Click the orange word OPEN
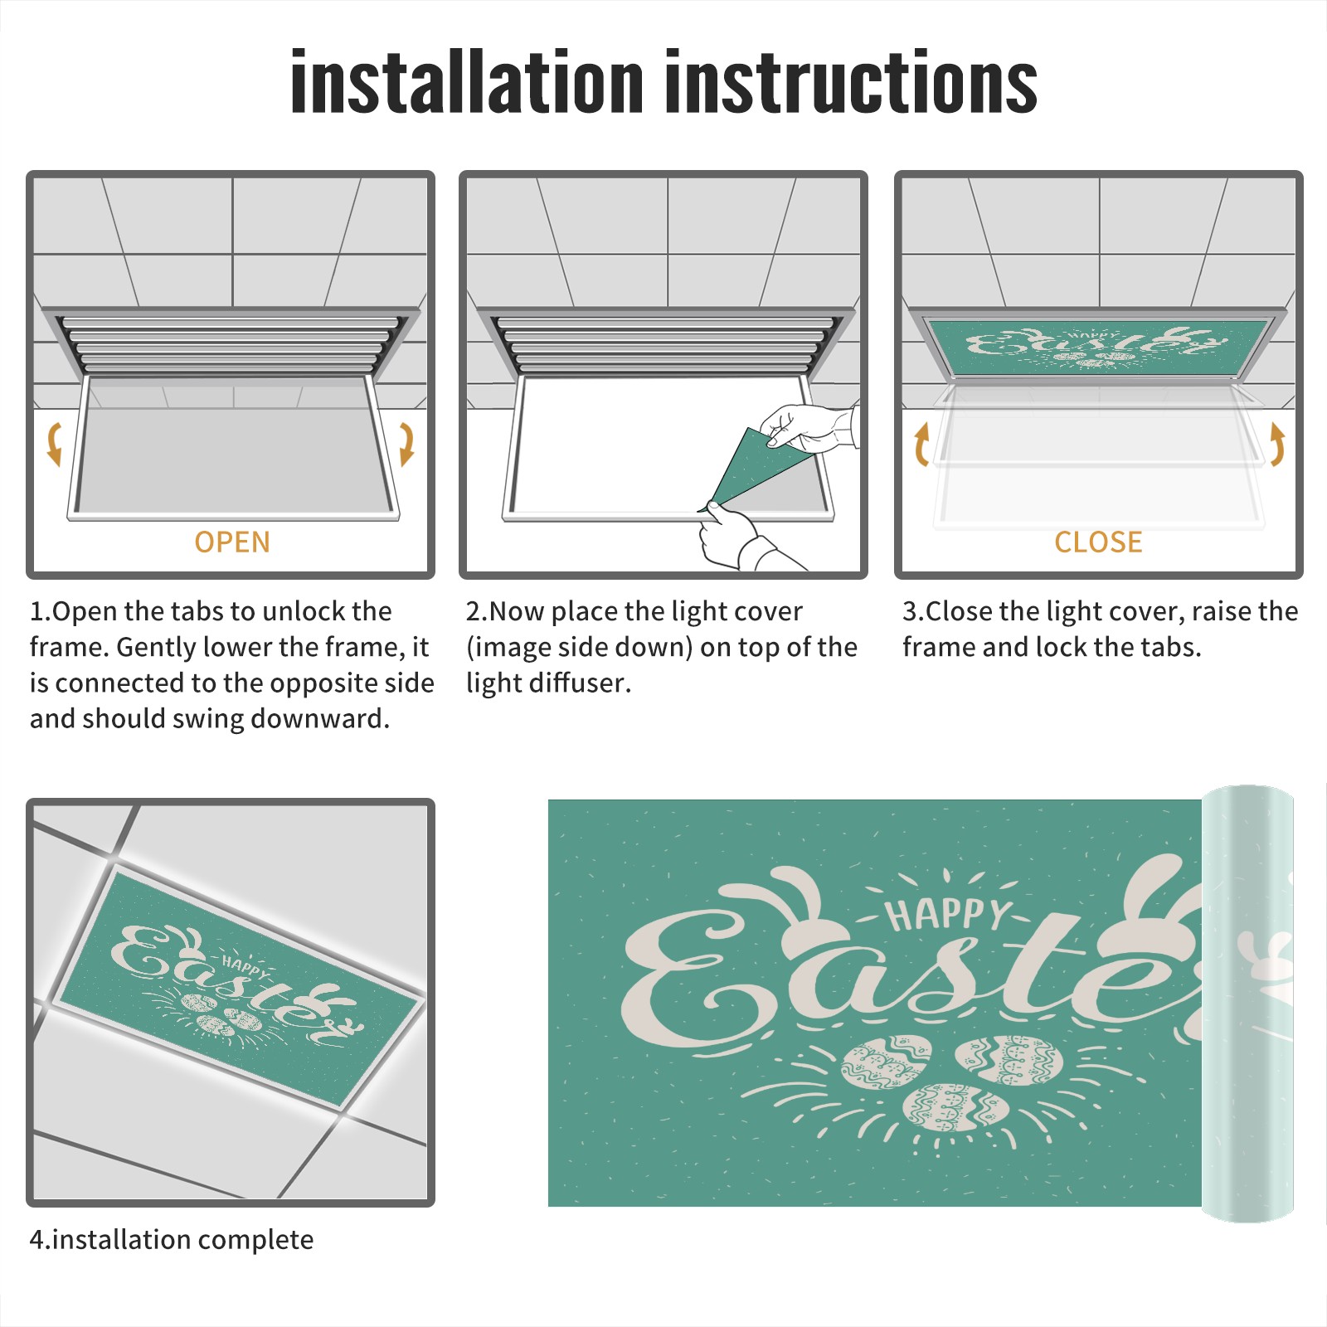click(232, 542)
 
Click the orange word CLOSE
click(1098, 542)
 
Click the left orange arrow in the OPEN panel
click(54, 444)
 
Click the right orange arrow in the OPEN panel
click(406, 444)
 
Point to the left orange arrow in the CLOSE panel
click(921, 444)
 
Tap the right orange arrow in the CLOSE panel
click(1277, 444)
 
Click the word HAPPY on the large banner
click(946, 914)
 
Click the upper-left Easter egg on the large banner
click(886, 1063)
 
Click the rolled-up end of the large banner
click(1247, 1004)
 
